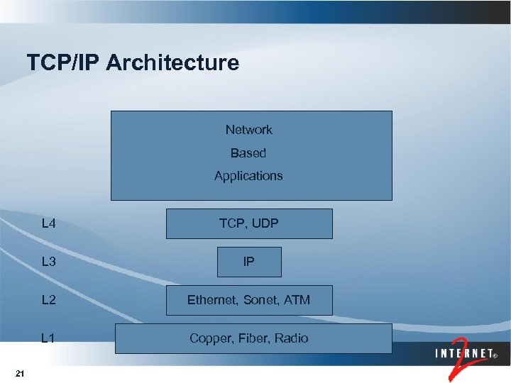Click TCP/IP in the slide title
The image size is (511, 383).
point(64,63)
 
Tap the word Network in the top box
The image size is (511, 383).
point(248,130)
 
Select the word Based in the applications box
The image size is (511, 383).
point(248,153)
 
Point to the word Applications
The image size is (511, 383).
point(248,176)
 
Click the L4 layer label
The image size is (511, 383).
point(49,224)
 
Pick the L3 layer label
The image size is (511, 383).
point(49,262)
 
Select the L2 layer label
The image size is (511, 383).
point(49,300)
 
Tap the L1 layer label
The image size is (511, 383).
point(49,338)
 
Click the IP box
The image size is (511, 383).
point(248,262)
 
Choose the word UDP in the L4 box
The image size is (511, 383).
point(264,223)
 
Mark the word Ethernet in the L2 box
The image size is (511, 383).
point(212,300)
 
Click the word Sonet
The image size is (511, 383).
point(261,300)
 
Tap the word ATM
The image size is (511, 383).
point(297,300)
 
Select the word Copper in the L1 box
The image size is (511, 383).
point(209,338)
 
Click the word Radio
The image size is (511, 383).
point(292,338)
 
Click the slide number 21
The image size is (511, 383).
point(20,374)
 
